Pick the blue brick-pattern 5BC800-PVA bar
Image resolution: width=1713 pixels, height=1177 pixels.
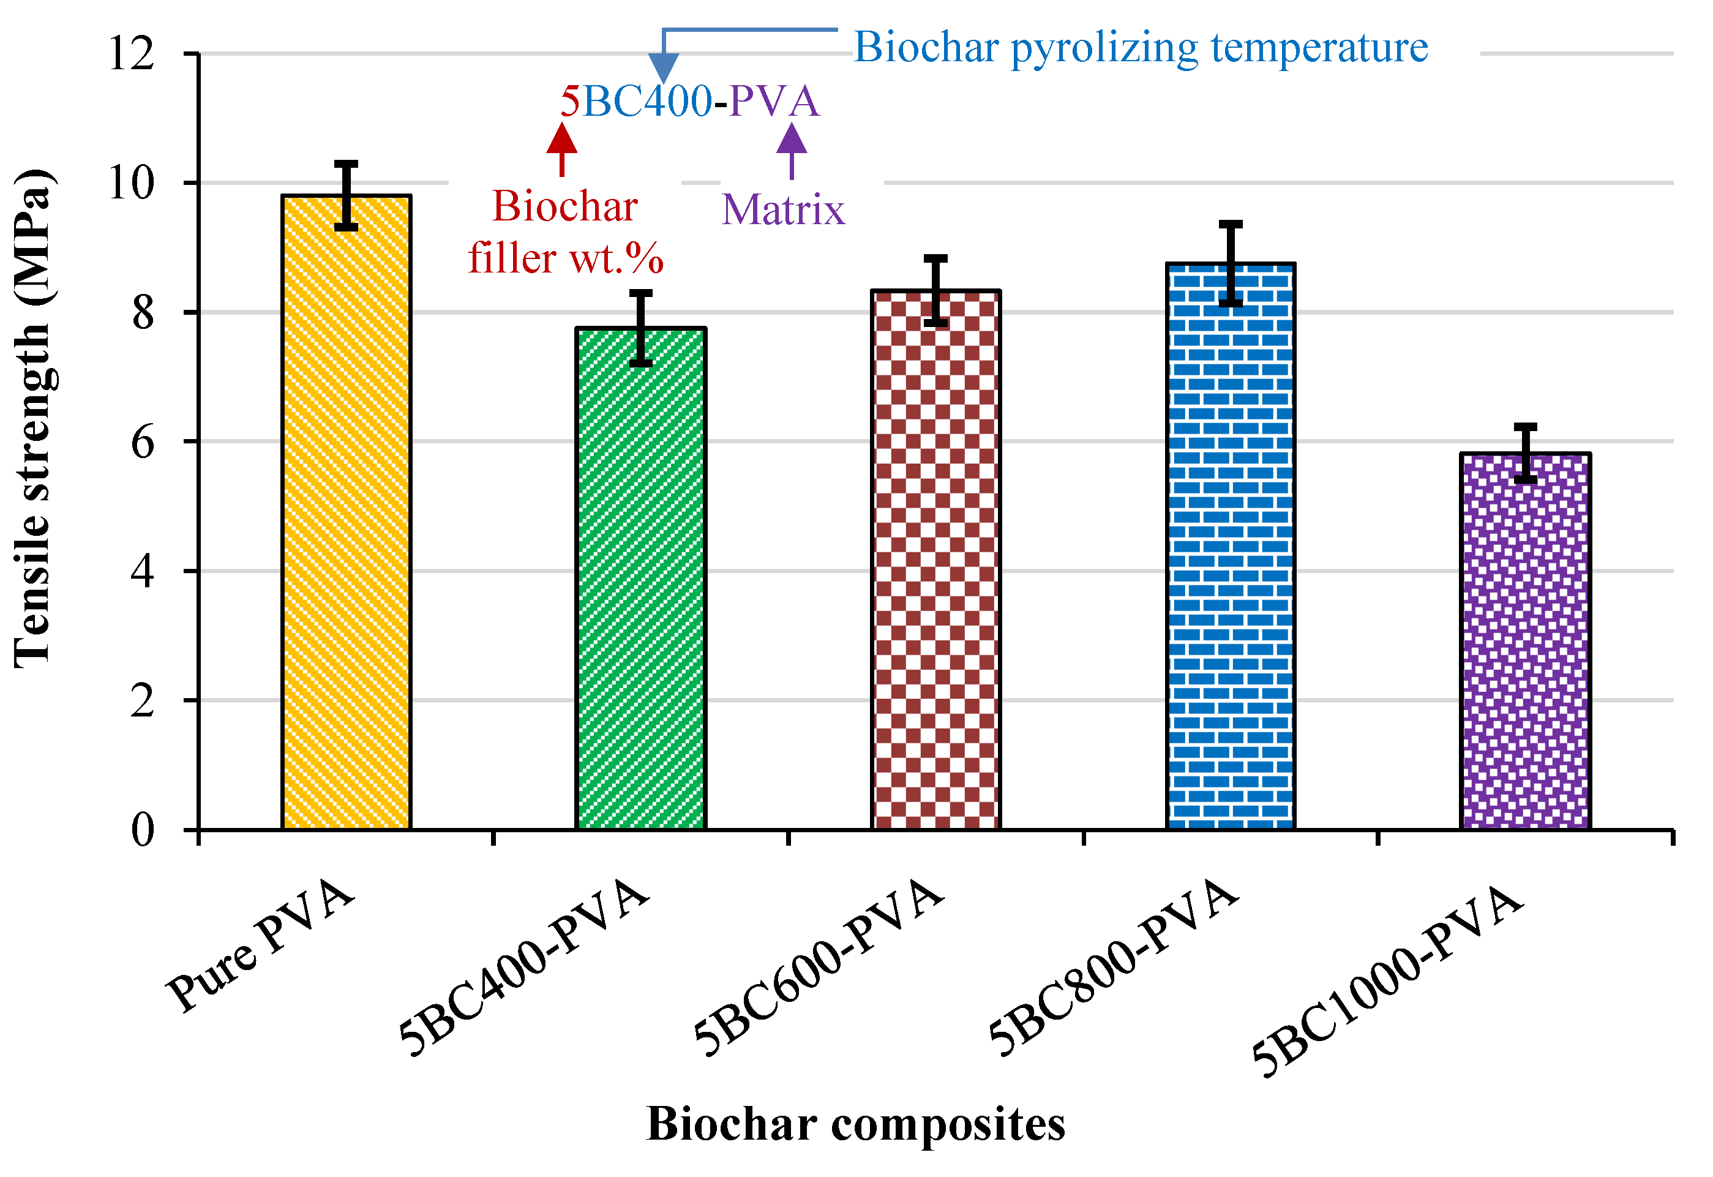(x=1230, y=546)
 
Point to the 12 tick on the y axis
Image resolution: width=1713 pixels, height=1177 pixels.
(x=132, y=53)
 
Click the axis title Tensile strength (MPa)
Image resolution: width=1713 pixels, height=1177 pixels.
(x=32, y=419)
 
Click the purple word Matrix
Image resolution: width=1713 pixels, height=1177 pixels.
(x=783, y=209)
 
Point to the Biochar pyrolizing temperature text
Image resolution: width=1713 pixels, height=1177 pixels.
(x=1141, y=47)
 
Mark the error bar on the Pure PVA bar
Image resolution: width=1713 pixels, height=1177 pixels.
(x=346, y=195)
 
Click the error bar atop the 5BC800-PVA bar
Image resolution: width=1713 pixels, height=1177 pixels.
(x=1230, y=263)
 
